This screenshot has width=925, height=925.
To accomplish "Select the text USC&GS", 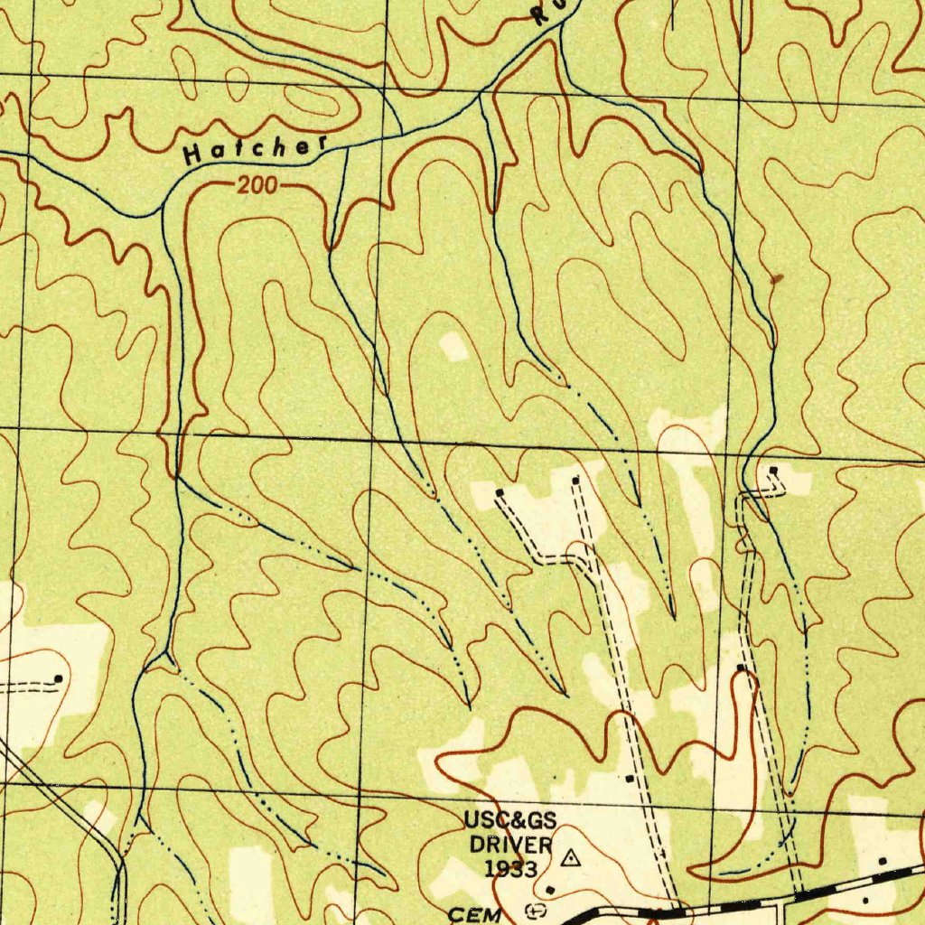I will click(510, 821).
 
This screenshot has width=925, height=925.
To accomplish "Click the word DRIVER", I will click(510, 846).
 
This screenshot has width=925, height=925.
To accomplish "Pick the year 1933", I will click(510, 869).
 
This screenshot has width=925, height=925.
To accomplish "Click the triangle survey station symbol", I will click(570, 857).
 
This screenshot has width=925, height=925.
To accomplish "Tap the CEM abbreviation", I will click(475, 914).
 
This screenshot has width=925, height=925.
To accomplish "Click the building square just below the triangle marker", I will click(550, 890).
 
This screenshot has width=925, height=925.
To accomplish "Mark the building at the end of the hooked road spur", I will click(773, 471).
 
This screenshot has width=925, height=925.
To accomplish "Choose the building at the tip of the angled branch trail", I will click(500, 492).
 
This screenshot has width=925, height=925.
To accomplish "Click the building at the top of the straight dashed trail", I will click(576, 480).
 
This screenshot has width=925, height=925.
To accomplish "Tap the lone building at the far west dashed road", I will click(59, 677).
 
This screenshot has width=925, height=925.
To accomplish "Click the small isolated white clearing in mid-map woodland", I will click(454, 346).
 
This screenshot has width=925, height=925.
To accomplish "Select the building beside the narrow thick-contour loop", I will click(741, 668).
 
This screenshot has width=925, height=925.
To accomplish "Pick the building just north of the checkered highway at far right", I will click(883, 862).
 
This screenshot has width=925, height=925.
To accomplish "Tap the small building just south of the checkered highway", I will click(864, 900).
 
